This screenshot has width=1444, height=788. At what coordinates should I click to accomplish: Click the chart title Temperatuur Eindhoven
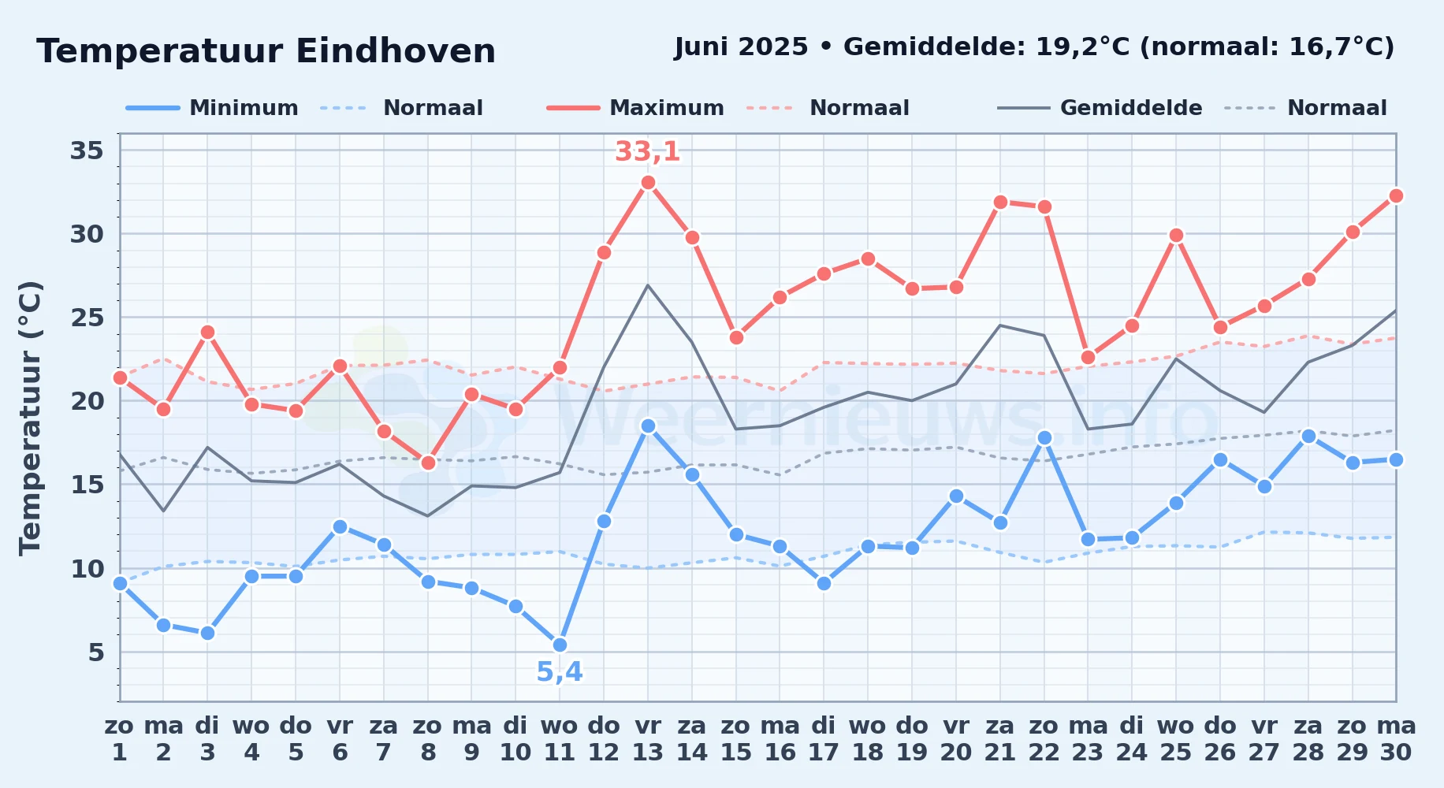pyautogui.click(x=266, y=51)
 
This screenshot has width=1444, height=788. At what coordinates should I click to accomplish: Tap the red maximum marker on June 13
pyautogui.click(x=648, y=183)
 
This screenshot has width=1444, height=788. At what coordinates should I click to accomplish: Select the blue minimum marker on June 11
pyautogui.click(x=560, y=645)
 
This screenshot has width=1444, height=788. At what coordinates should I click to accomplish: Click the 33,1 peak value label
pyautogui.click(x=647, y=151)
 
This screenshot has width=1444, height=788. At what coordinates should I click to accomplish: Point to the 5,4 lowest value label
pyautogui.click(x=560, y=672)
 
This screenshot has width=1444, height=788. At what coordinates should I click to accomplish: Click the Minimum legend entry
pyautogui.click(x=212, y=108)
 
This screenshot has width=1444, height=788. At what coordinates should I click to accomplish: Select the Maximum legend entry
pyautogui.click(x=635, y=108)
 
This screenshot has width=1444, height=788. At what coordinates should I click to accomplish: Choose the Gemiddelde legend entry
pyautogui.click(x=1100, y=108)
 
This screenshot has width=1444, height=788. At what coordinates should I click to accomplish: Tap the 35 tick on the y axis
pyautogui.click(x=87, y=150)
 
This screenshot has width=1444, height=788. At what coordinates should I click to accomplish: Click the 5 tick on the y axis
pyautogui.click(x=96, y=652)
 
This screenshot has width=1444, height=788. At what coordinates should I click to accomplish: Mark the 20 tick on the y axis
pyautogui.click(x=87, y=401)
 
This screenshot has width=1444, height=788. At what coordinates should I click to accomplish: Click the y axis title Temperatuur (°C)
pyautogui.click(x=30, y=418)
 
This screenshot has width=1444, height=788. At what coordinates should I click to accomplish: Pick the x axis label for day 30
pyautogui.click(x=1396, y=739)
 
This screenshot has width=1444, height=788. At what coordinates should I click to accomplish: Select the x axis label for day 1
pyautogui.click(x=120, y=739)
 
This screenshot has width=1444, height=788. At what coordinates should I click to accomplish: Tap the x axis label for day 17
pyautogui.click(x=824, y=739)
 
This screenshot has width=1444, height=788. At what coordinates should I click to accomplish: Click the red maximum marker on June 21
pyautogui.click(x=1000, y=202)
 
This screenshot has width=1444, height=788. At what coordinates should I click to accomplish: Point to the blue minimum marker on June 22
pyautogui.click(x=1044, y=437)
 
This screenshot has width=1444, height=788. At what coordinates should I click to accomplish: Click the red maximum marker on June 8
pyautogui.click(x=428, y=463)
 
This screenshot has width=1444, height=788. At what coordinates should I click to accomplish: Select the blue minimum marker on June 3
pyautogui.click(x=207, y=633)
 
